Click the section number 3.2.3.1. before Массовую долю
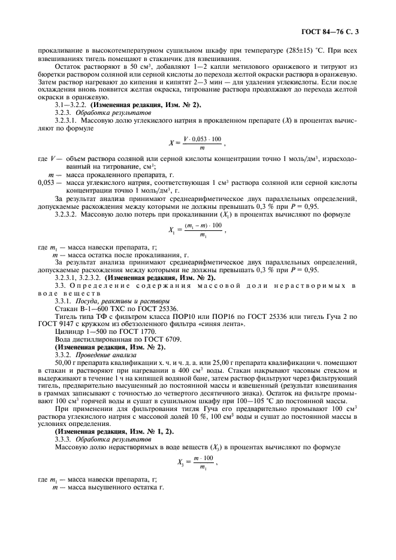tap(66, 120)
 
